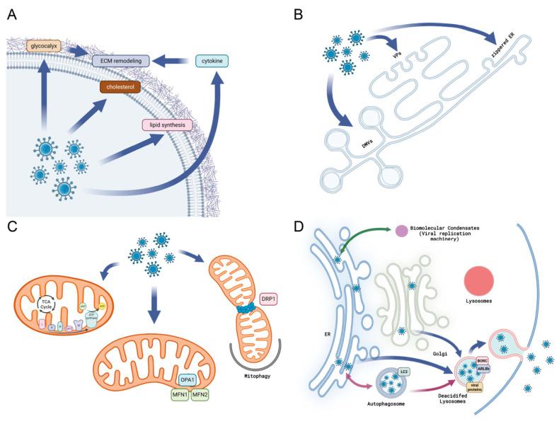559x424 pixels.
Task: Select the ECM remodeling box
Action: click(125, 61)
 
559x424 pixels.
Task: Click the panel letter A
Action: click(12, 12)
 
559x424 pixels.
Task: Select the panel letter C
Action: click(12, 226)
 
